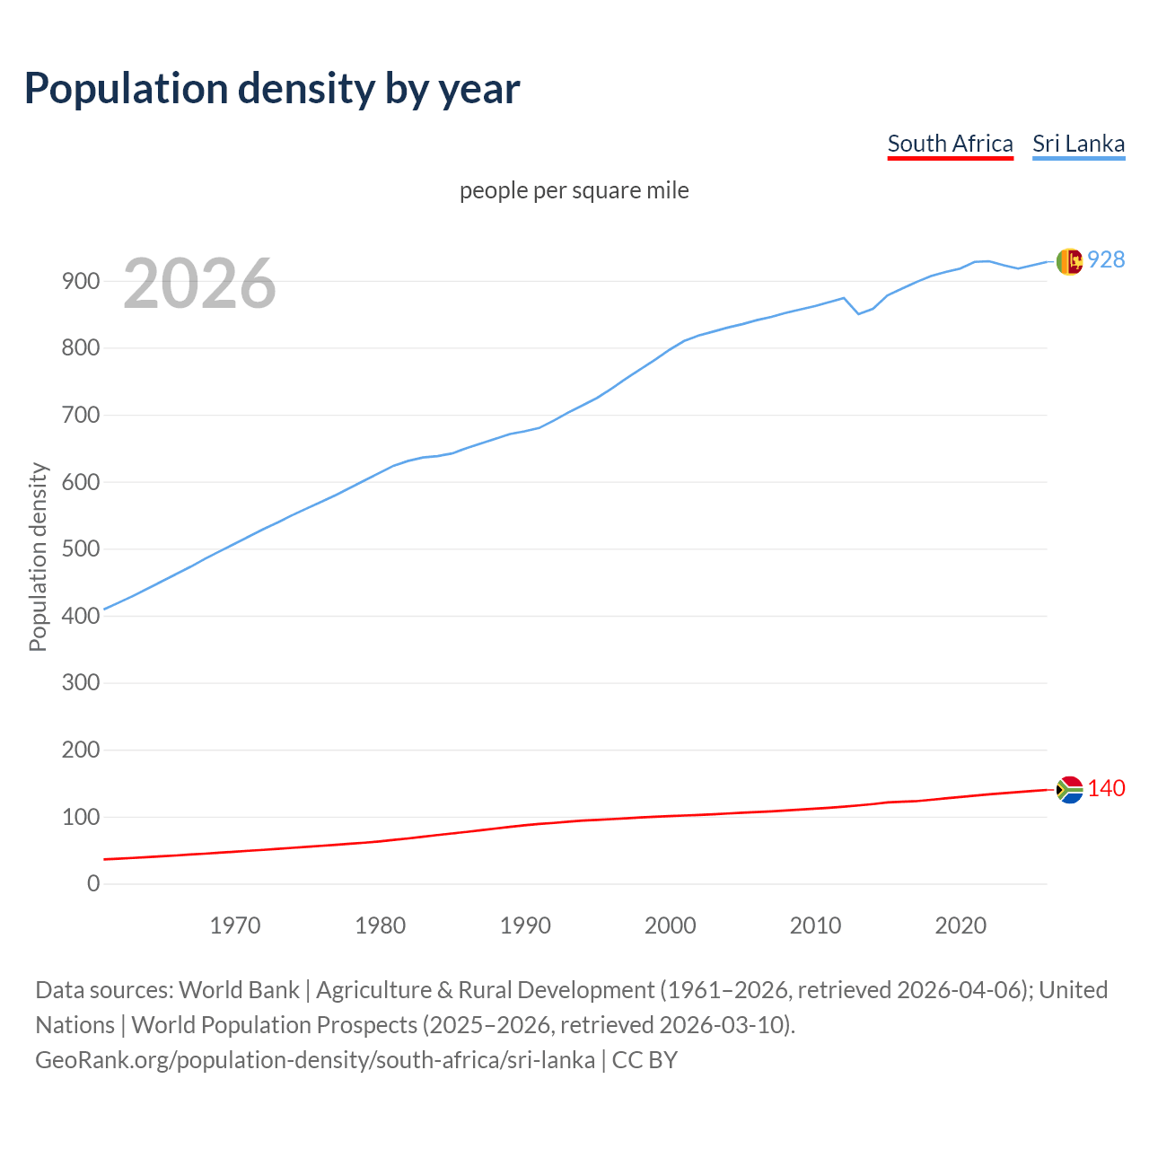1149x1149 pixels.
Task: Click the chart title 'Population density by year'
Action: pos(272,88)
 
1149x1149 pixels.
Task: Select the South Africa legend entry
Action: pos(950,144)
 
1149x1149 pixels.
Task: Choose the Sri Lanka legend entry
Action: pos(1078,144)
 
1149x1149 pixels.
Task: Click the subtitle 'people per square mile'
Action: pos(574,190)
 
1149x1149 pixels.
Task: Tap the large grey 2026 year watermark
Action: pos(199,284)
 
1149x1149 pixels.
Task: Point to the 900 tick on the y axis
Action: pos(81,281)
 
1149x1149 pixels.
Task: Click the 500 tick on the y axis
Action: pos(81,548)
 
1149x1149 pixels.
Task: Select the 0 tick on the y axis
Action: pos(93,883)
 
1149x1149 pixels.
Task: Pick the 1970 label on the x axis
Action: pos(235,925)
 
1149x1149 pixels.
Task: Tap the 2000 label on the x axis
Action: pos(671,925)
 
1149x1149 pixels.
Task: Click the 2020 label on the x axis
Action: pos(960,925)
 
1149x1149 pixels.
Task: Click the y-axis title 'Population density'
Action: pos(38,557)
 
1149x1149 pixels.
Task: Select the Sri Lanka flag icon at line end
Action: pos(1069,261)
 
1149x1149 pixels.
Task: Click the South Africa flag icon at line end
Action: pos(1069,789)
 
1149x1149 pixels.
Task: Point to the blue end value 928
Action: pos(1106,259)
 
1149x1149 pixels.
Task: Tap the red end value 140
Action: pos(1106,788)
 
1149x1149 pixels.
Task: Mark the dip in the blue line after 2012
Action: pos(858,313)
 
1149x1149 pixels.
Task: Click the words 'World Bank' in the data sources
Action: pos(239,989)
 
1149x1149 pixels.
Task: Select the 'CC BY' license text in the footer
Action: pos(645,1059)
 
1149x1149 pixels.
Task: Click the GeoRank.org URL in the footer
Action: pos(315,1059)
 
